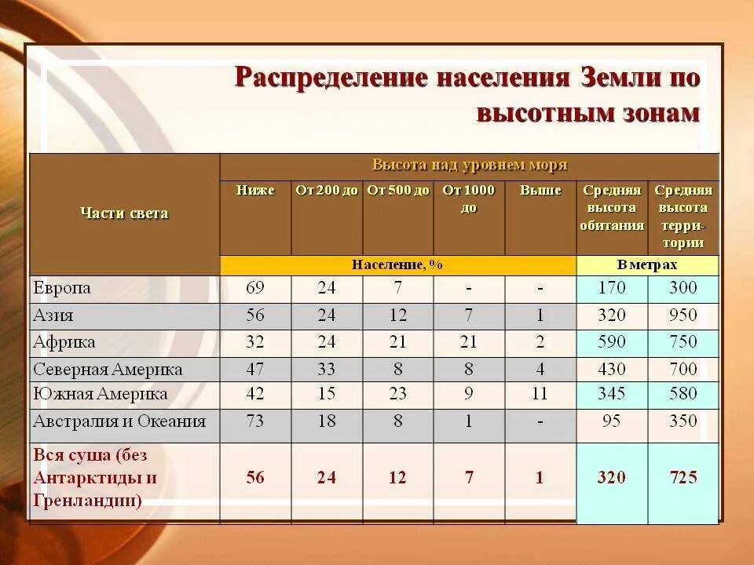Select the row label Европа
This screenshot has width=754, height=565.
pyautogui.click(x=62, y=288)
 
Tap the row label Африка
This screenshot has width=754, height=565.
pyautogui.click(x=64, y=342)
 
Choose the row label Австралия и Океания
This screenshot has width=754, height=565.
pyautogui.click(x=119, y=421)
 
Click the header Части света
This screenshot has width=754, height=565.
pyautogui.click(x=124, y=213)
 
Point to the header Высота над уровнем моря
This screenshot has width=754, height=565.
pyautogui.click(x=469, y=166)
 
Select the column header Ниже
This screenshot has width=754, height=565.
pyautogui.click(x=255, y=191)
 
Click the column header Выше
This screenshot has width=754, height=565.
pyautogui.click(x=540, y=191)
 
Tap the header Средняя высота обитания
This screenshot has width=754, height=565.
pyautogui.click(x=612, y=208)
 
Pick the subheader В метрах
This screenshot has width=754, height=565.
pyautogui.click(x=647, y=265)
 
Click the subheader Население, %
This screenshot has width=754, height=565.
pyautogui.click(x=397, y=265)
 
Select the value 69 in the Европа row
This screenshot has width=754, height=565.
pyautogui.click(x=255, y=288)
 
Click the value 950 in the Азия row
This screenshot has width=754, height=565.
pyautogui.click(x=683, y=315)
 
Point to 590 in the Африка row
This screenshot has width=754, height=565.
pyautogui.click(x=612, y=342)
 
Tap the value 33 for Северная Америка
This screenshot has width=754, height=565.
pyautogui.click(x=327, y=369)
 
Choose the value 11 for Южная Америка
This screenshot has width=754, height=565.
pyautogui.click(x=540, y=394)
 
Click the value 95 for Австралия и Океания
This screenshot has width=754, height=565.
pyautogui.click(x=612, y=421)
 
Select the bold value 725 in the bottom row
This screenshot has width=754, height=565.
pyautogui.click(x=683, y=477)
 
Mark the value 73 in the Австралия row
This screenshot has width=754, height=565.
pyautogui.click(x=255, y=421)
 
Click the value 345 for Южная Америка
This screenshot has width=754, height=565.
pyautogui.click(x=612, y=394)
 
